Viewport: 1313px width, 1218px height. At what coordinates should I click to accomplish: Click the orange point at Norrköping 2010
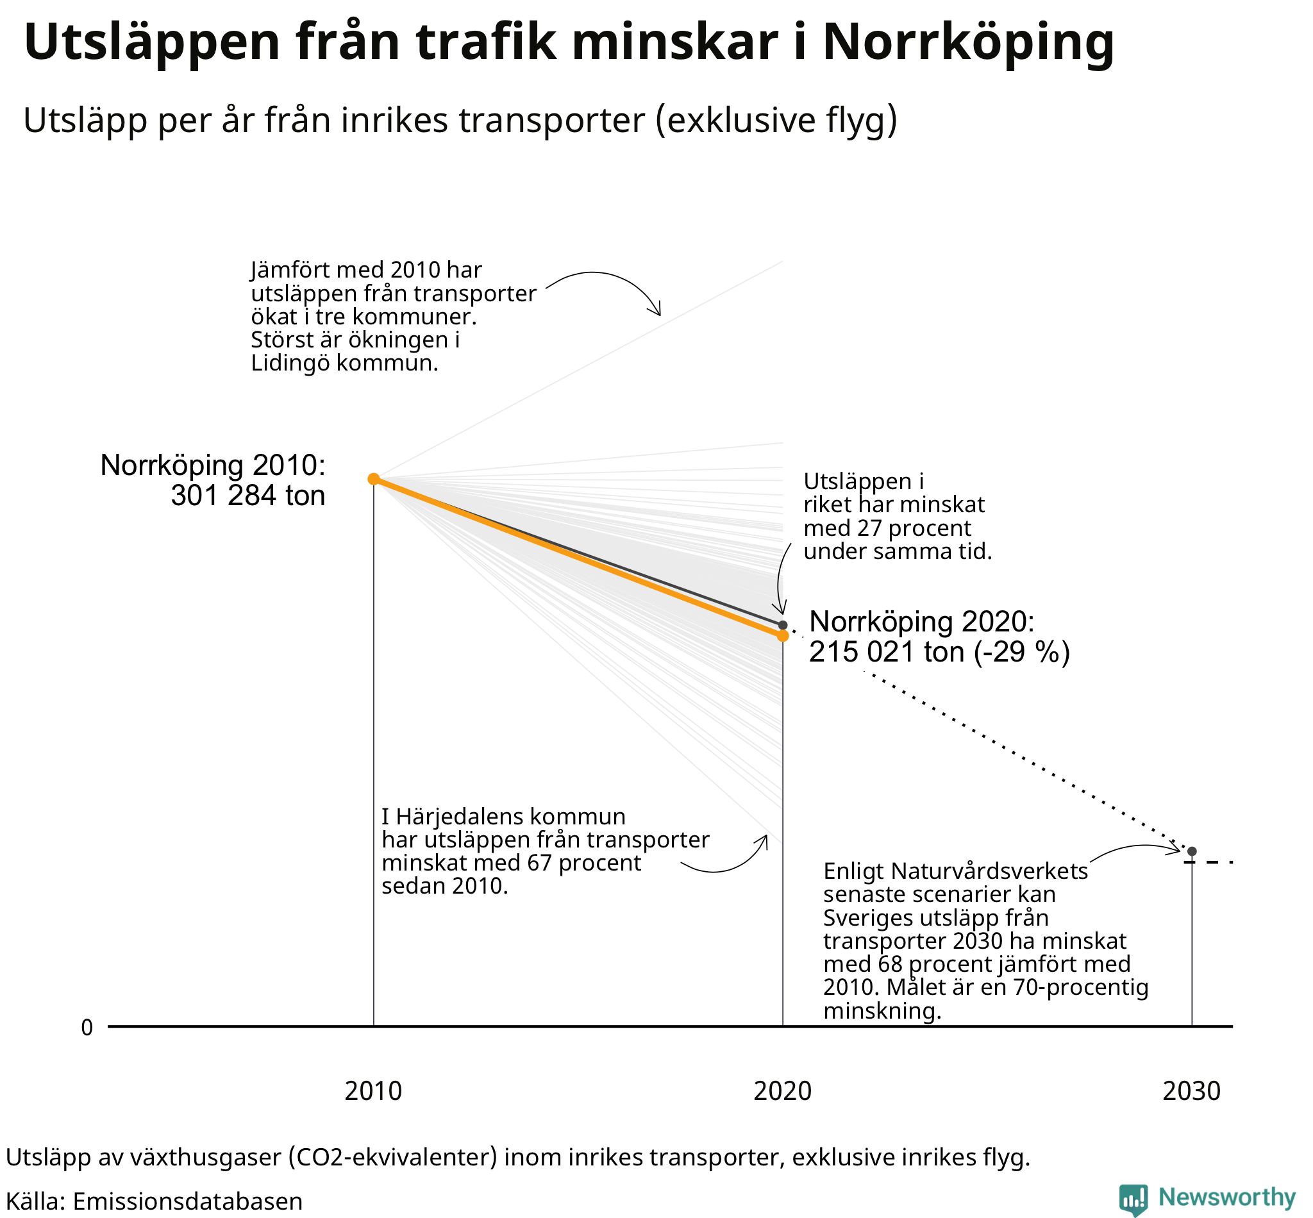pyautogui.click(x=373, y=478)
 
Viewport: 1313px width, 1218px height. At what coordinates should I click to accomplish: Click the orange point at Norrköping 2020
pyautogui.click(x=782, y=635)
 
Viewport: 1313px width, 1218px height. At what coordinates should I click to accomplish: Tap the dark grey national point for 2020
pyautogui.click(x=782, y=625)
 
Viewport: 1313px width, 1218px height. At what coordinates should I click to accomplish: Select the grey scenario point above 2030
pyautogui.click(x=1192, y=851)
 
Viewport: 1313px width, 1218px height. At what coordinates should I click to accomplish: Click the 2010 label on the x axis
pyautogui.click(x=373, y=1092)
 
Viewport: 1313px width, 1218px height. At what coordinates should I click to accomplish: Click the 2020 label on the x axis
pyautogui.click(x=782, y=1092)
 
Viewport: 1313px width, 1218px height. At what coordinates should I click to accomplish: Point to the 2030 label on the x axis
pyautogui.click(x=1192, y=1092)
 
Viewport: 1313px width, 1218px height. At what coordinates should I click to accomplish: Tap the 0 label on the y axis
pyautogui.click(x=87, y=1028)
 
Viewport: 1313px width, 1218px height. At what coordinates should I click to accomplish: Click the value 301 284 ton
pyautogui.click(x=248, y=495)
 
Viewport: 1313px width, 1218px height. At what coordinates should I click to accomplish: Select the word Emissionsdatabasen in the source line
pyautogui.click(x=187, y=1201)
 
